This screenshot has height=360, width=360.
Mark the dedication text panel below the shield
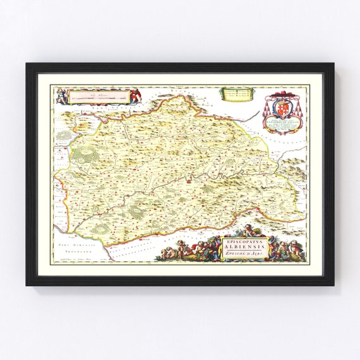click(284, 120)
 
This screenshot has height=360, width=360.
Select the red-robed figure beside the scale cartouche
click(134, 96)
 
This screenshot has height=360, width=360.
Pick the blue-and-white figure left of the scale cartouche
click(61, 96)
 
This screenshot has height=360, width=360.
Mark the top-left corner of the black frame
click(28, 64)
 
